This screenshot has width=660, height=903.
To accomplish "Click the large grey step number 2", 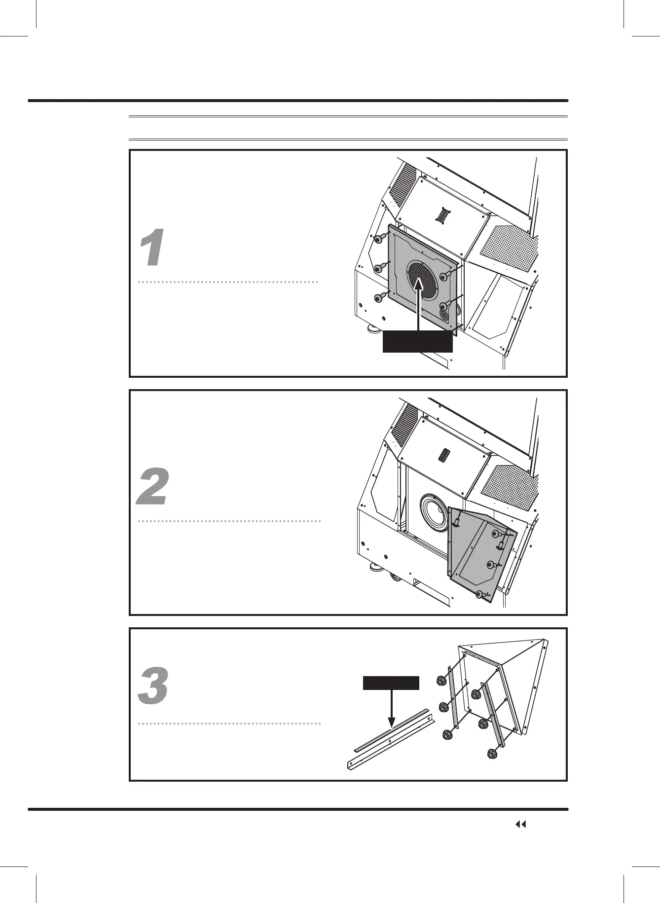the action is (153, 487).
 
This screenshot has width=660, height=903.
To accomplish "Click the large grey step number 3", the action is (153, 686).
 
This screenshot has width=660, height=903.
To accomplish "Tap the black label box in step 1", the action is (418, 342).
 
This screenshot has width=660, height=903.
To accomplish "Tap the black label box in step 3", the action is (391, 683).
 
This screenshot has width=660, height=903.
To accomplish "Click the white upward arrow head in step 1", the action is (418, 285).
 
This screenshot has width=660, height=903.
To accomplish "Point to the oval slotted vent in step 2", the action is (444, 454).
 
